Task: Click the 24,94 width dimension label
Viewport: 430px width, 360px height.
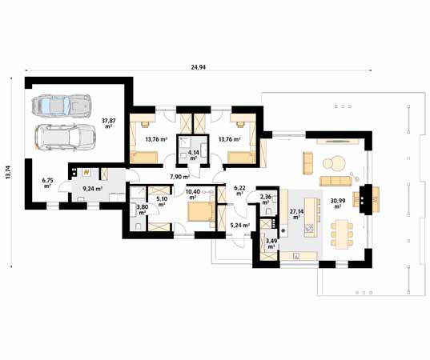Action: [198, 67]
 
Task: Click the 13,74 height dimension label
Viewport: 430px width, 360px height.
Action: [9, 172]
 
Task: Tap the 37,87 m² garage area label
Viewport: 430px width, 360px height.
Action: [109, 123]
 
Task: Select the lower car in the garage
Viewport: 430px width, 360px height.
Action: [66, 137]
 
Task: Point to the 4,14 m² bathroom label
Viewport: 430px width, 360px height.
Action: [194, 155]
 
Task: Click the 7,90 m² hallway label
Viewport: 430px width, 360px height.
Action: [180, 177]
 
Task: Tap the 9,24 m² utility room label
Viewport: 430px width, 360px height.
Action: [92, 189]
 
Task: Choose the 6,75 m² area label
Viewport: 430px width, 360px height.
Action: [47, 183]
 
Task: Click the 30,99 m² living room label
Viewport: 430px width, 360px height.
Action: [338, 203]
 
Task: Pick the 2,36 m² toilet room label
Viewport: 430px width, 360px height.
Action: [266, 200]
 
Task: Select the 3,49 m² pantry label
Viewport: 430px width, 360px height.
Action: [271, 243]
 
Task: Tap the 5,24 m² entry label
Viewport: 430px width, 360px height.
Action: [239, 226]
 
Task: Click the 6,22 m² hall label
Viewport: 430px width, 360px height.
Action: [239, 190]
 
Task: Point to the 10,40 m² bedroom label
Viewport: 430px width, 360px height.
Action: [193, 194]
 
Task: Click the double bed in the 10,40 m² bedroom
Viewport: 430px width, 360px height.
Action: [201, 212]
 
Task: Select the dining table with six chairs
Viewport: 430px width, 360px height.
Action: [342, 234]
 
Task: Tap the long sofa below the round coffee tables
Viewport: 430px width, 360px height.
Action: [336, 181]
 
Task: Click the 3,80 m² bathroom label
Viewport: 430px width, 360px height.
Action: [143, 210]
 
